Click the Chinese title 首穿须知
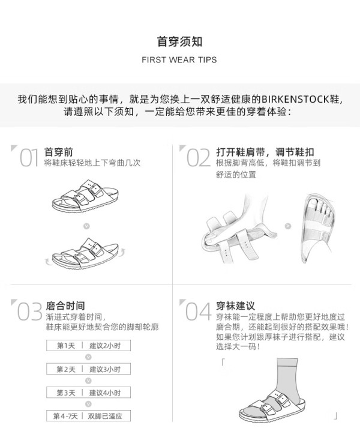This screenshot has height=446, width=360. tap(179, 41)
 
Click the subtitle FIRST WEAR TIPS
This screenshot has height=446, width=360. tap(179, 60)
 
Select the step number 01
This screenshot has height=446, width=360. tap(29, 157)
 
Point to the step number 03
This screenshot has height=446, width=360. tap(29, 312)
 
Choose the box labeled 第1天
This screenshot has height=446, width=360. tap(65, 346)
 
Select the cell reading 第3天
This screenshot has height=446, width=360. tap(65, 393)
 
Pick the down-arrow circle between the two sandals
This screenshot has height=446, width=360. tap(86, 226)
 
